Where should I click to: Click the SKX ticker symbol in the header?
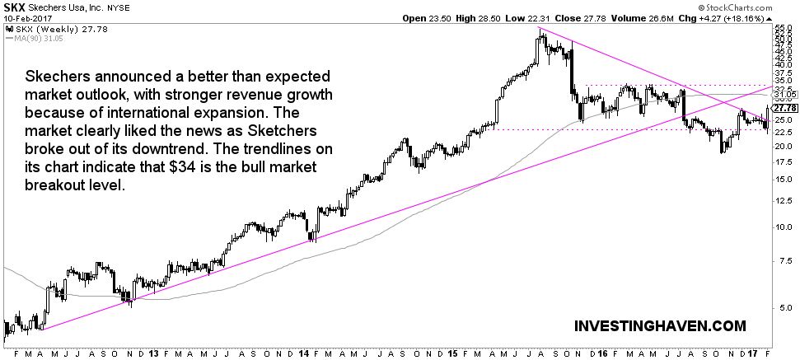[14, 7]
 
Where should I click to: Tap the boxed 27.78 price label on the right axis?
[785, 108]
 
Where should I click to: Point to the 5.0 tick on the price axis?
[783, 308]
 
